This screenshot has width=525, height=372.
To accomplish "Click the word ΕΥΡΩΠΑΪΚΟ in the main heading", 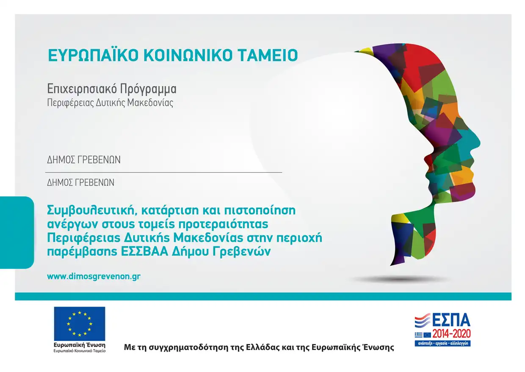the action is click(93, 55).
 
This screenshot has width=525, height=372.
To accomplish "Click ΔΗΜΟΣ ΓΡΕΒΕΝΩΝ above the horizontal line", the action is click(84, 160).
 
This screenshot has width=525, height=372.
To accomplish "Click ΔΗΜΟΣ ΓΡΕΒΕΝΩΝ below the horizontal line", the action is click(80, 182).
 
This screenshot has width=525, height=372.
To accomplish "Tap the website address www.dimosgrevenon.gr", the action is click(94, 277).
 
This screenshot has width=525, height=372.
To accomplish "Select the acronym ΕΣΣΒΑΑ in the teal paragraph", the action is click(145, 252).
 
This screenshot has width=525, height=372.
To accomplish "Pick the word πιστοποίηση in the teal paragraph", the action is click(260, 210).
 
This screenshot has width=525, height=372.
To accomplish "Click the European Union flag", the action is click(80, 324).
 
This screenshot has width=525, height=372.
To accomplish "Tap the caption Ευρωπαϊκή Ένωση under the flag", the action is click(80, 345).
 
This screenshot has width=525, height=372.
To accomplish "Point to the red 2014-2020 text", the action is click(452, 333).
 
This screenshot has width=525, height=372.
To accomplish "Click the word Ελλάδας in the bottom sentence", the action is click(262, 347).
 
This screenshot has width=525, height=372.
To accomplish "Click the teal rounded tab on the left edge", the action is click(17, 232).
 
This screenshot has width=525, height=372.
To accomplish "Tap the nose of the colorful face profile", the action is click(476, 143).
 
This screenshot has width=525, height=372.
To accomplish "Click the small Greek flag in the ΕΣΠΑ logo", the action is click(419, 335).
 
